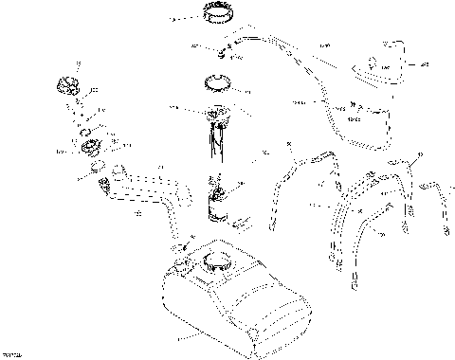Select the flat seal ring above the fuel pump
point(220,84)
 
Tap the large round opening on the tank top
point(216,260)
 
